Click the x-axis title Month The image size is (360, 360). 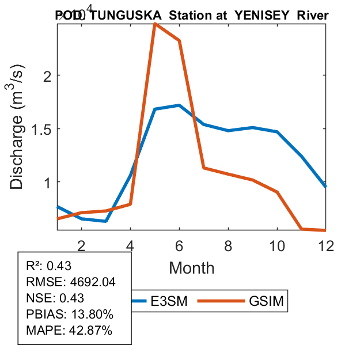point(192,268)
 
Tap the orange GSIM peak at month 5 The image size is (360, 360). point(155,24)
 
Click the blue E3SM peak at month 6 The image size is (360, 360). point(180,105)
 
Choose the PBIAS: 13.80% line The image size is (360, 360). point(69,314)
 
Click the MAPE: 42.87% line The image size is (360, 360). point(69,331)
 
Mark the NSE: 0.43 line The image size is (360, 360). point(55,298)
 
